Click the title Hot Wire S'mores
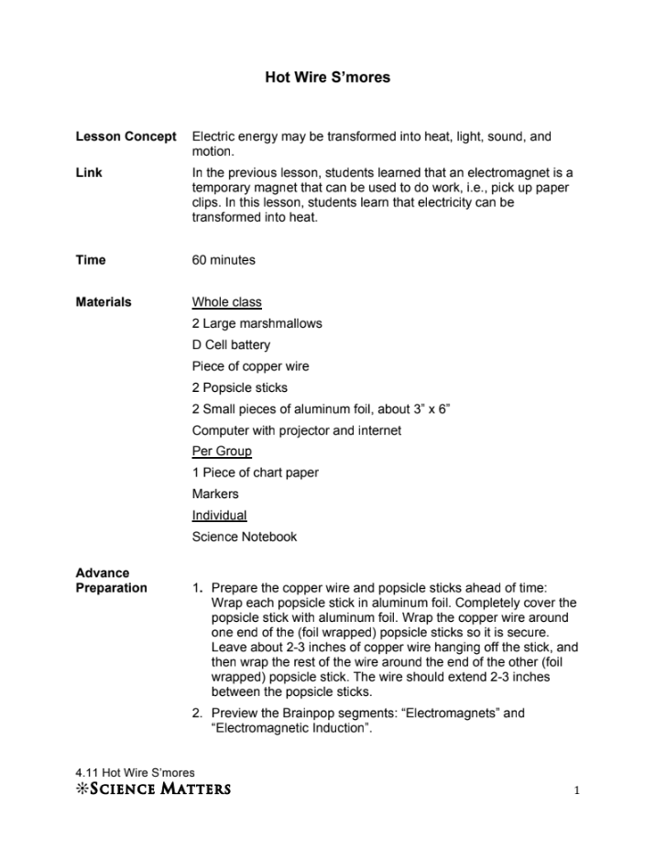tap(327, 78)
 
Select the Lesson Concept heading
tap(126, 136)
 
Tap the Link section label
tap(89, 172)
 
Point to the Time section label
tap(91, 260)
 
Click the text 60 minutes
tap(224, 260)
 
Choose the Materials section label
tap(104, 302)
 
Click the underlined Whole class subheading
tap(226, 302)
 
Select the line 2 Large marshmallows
tap(257, 323)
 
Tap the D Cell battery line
tap(231, 345)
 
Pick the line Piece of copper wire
tap(250, 366)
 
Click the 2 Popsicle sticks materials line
tap(239, 387)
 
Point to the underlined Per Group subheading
tap(222, 452)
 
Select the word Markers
tap(215, 494)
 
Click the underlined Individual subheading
tap(219, 516)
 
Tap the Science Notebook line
tap(245, 537)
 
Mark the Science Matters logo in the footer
tap(153, 789)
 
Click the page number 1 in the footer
tap(577, 789)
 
